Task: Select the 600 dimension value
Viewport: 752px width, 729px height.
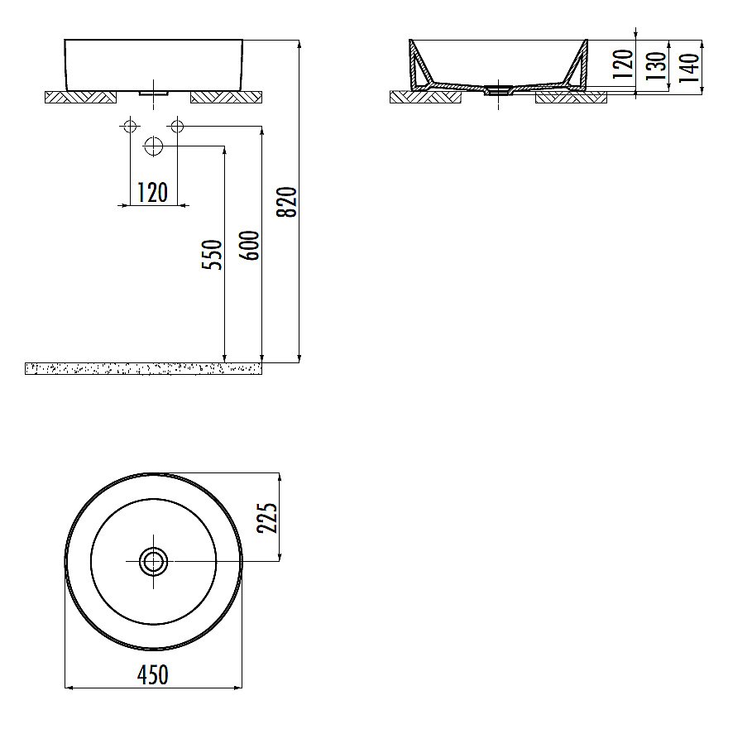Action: pyautogui.click(x=252, y=245)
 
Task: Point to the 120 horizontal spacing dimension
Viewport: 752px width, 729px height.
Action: pyautogui.click(x=152, y=192)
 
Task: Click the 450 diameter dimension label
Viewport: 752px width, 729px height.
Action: pyautogui.click(x=152, y=674)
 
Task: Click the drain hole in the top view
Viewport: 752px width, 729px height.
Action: pyautogui.click(x=154, y=561)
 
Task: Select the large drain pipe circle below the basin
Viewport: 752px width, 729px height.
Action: pyautogui.click(x=154, y=146)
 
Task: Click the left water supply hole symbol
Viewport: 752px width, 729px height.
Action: pyautogui.click(x=128, y=126)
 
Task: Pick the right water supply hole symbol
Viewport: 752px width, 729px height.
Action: pyautogui.click(x=176, y=126)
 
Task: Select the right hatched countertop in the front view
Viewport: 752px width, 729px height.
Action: pyautogui.click(x=226, y=98)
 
